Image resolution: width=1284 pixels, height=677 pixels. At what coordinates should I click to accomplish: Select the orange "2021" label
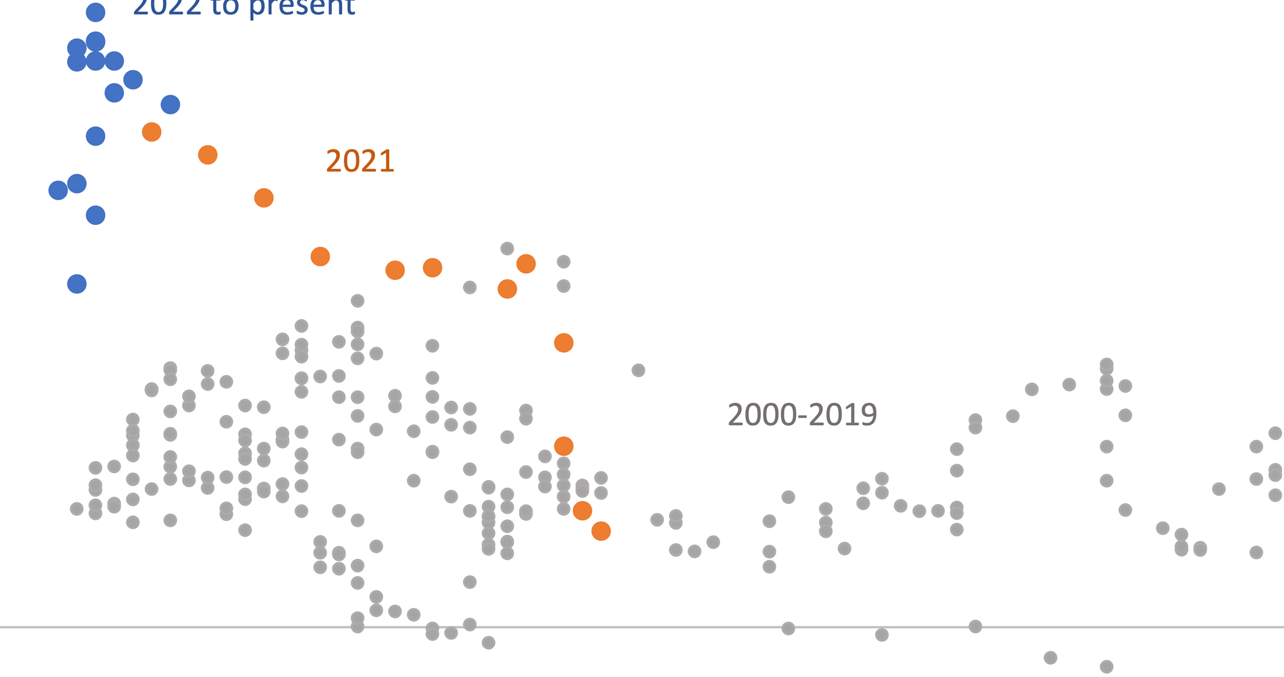360,161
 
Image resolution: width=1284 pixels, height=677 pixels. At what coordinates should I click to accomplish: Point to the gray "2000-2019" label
802,415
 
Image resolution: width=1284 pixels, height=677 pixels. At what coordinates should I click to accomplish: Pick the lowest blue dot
77,284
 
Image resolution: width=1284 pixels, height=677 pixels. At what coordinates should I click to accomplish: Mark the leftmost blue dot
58,190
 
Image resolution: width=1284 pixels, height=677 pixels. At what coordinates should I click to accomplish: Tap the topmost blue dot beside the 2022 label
95,12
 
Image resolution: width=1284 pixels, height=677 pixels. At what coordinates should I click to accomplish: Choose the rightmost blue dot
170,105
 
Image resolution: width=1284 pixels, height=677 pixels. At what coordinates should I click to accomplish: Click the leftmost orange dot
152,132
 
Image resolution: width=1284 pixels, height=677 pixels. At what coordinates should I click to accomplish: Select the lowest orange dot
601,531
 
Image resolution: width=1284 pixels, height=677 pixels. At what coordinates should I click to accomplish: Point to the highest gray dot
507,248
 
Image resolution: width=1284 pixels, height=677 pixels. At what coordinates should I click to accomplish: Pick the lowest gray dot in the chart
1106,667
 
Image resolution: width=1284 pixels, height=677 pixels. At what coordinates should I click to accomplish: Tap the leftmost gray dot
77,508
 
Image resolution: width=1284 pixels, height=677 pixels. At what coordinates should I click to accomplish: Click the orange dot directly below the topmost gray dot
507,289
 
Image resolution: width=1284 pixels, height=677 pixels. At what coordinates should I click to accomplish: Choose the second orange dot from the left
208,155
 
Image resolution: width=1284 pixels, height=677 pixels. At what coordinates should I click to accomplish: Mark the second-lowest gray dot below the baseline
1051,657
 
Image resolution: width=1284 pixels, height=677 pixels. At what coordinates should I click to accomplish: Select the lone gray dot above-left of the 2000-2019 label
638,370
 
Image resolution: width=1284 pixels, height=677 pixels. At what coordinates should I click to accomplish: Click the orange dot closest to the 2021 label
264,198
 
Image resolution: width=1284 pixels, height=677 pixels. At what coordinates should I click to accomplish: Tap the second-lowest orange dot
582,511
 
